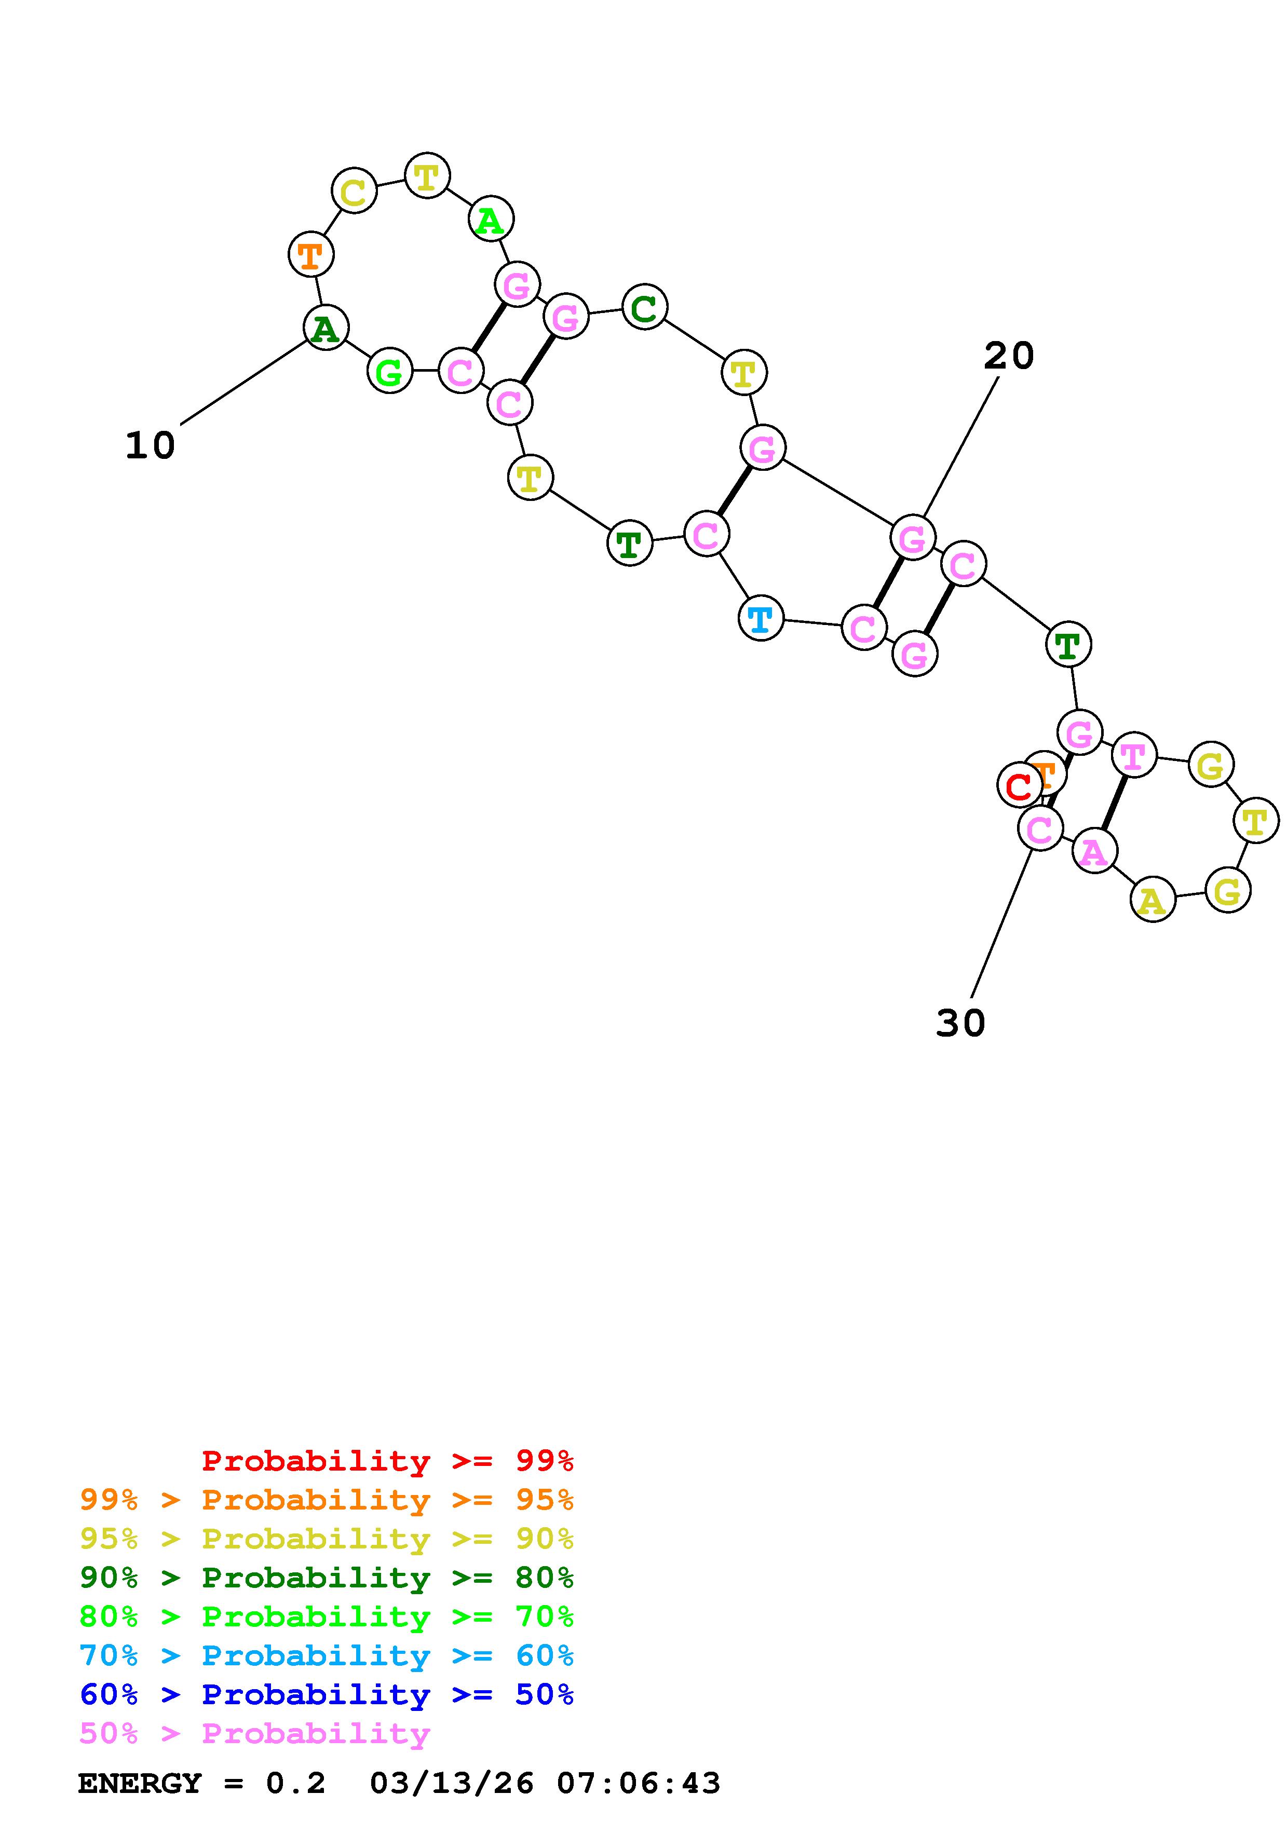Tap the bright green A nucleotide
coord(491,219)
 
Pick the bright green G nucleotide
coord(389,371)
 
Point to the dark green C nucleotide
coord(645,307)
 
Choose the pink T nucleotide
coord(1133,755)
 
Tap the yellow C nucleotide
coord(354,191)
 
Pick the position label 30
coord(960,1023)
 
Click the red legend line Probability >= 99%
coord(387,1461)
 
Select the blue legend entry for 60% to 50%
coord(327,1695)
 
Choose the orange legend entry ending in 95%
coord(327,1500)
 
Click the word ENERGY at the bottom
coord(140,1784)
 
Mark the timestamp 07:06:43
coord(639,1784)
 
